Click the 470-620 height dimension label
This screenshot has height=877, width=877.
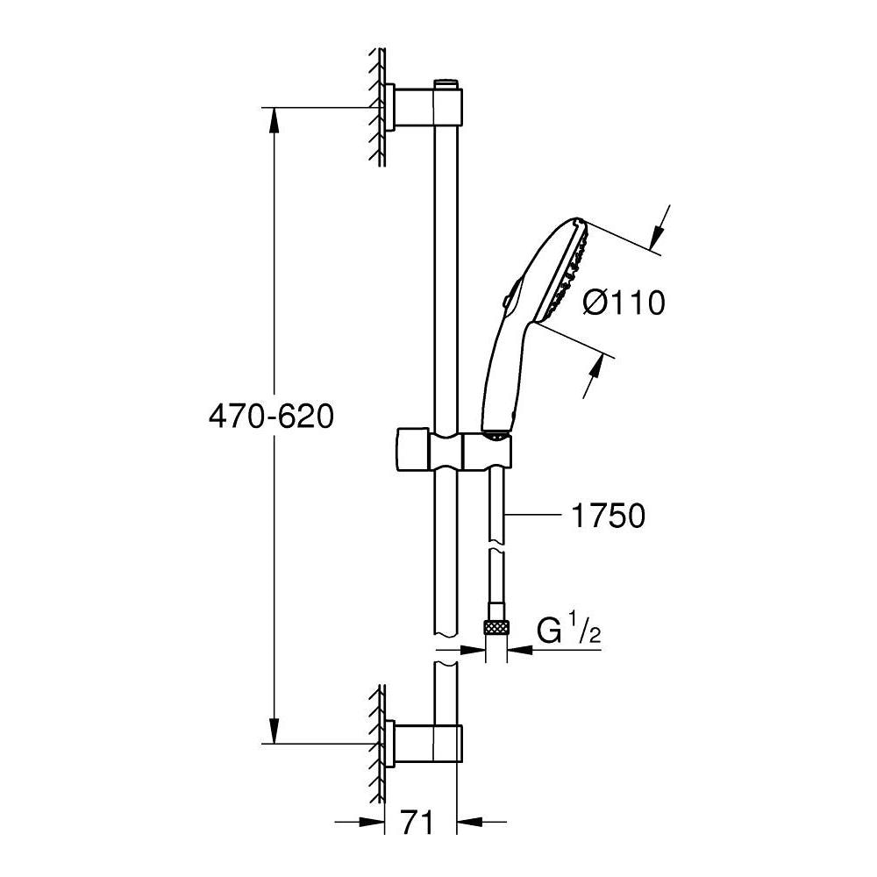click(x=271, y=417)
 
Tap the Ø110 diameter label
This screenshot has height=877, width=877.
click(x=624, y=303)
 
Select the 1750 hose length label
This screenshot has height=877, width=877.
click(x=608, y=516)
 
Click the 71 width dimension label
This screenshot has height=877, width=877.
click(x=417, y=824)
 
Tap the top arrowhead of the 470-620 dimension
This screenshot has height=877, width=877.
click(x=274, y=119)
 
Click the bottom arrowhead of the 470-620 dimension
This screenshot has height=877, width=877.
click(x=274, y=731)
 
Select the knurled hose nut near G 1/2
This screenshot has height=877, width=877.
click(x=495, y=625)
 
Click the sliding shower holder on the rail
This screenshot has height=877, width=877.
click(x=453, y=448)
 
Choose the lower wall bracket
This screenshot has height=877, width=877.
click(x=424, y=743)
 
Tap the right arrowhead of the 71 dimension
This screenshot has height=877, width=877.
click(x=470, y=823)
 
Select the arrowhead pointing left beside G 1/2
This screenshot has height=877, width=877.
click(x=519, y=649)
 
